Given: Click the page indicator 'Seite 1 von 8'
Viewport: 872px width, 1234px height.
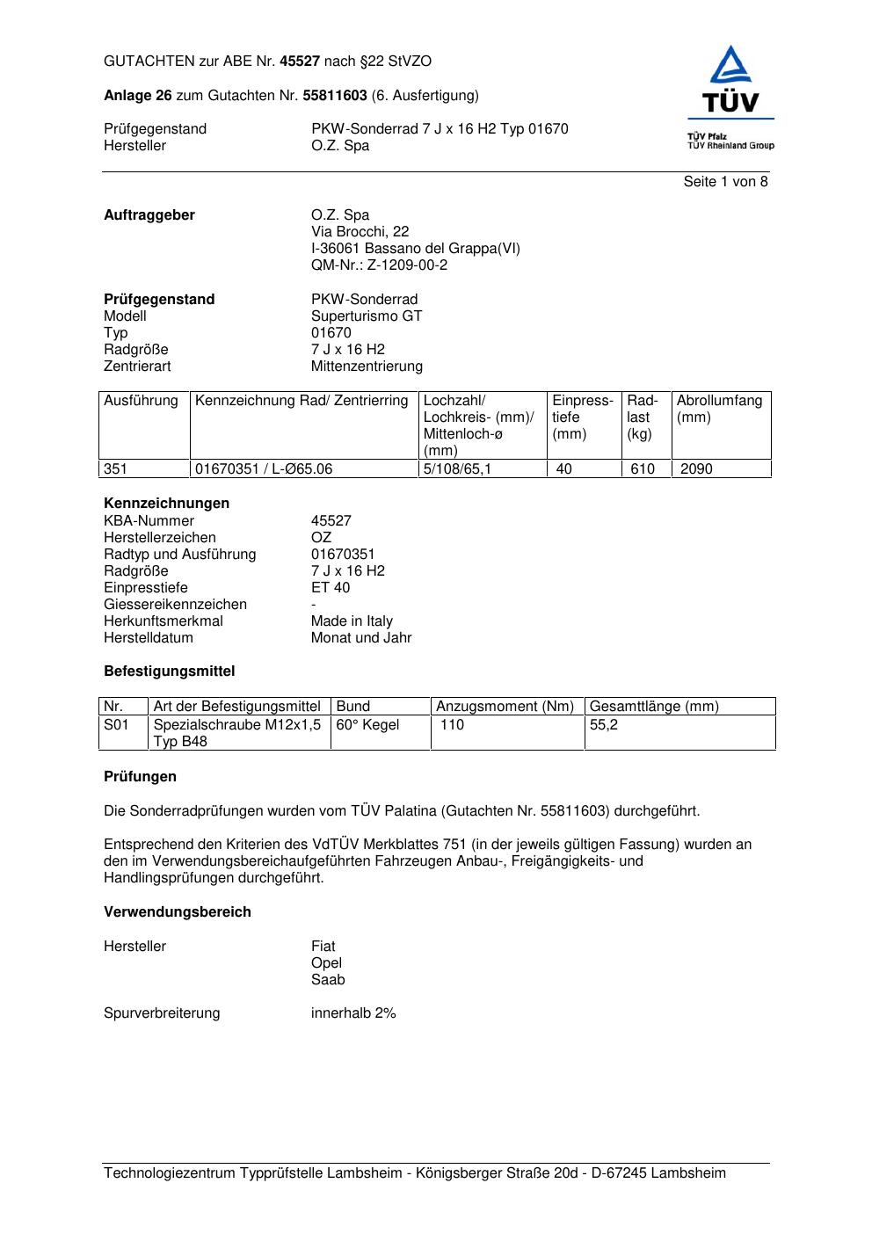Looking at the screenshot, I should click(x=725, y=182).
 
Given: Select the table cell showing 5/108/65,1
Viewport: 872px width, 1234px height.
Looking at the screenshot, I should click(x=457, y=469).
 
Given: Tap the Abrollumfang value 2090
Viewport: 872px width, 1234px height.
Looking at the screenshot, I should click(x=696, y=469).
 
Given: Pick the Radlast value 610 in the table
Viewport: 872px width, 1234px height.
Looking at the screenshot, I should click(x=643, y=469).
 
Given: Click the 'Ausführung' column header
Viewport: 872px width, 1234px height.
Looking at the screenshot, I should click(x=141, y=401).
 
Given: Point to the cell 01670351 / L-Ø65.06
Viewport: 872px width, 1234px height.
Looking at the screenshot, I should click(x=264, y=469).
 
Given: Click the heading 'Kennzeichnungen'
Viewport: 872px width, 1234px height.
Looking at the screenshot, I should click(x=166, y=504).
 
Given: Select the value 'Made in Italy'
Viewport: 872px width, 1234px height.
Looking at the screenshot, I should click(x=352, y=621).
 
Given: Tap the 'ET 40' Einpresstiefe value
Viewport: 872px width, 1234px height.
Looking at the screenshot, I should click(x=331, y=588).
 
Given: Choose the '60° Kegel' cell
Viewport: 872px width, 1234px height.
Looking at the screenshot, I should click(x=367, y=725).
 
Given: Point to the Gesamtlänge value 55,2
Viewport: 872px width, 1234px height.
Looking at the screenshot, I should click(x=604, y=725).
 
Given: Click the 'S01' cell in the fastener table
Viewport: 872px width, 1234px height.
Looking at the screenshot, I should click(x=116, y=725).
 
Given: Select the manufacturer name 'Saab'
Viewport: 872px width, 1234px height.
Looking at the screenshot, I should click(x=328, y=980).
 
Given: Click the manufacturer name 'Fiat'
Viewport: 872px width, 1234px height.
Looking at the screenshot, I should click(x=323, y=947).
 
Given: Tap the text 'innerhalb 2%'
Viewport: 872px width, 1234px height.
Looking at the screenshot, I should click(x=353, y=1013).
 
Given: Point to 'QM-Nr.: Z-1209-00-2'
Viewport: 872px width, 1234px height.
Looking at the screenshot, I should click(x=379, y=265).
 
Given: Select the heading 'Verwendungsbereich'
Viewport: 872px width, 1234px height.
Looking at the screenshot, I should click(x=178, y=912).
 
